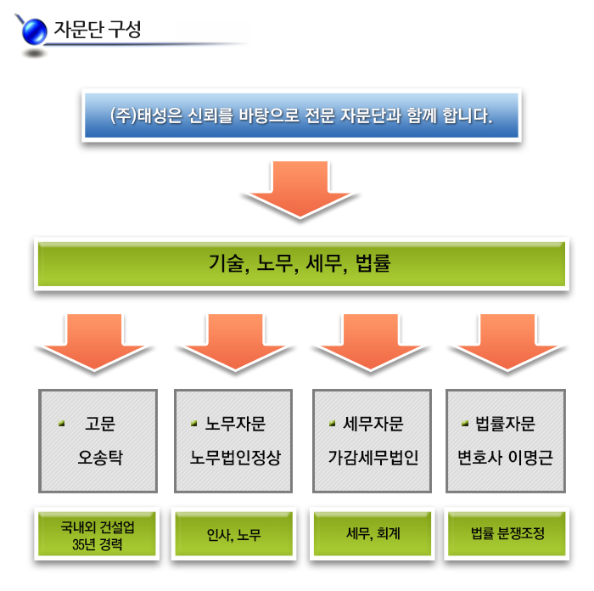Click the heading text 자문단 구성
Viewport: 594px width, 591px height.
click(x=98, y=28)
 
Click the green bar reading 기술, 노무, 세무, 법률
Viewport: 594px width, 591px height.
click(x=300, y=263)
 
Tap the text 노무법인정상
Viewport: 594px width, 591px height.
click(x=235, y=458)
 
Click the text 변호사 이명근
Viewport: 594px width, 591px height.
click(x=506, y=458)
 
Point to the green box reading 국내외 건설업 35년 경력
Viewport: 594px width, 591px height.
click(x=98, y=535)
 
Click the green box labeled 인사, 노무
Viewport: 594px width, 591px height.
click(x=233, y=535)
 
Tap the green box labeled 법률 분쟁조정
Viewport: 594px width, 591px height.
click(x=507, y=535)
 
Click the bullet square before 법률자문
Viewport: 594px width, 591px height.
click(x=465, y=423)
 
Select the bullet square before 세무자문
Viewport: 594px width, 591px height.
click(x=333, y=423)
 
